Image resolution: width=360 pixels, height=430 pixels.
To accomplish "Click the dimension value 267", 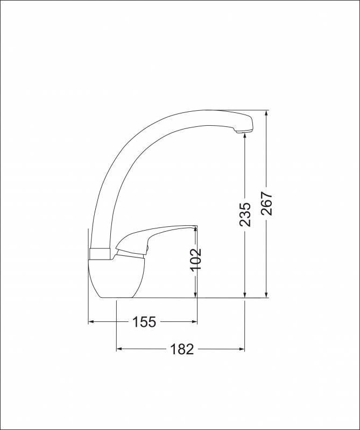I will point(267,204).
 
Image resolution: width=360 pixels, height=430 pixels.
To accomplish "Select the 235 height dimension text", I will point(245,214).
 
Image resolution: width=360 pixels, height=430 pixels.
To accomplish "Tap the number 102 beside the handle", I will point(196,259).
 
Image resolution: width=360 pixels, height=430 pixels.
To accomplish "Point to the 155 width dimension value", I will point(144,322).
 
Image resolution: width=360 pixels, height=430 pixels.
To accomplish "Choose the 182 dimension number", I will point(181,349).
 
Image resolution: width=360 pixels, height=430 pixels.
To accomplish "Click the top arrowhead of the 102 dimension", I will point(196,230).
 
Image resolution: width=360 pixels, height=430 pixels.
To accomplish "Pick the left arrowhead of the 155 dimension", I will point(91,322).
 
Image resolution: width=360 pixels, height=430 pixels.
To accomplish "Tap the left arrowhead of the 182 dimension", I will point(120,349).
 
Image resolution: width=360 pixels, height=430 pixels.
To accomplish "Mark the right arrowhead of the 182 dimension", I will point(242,349).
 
